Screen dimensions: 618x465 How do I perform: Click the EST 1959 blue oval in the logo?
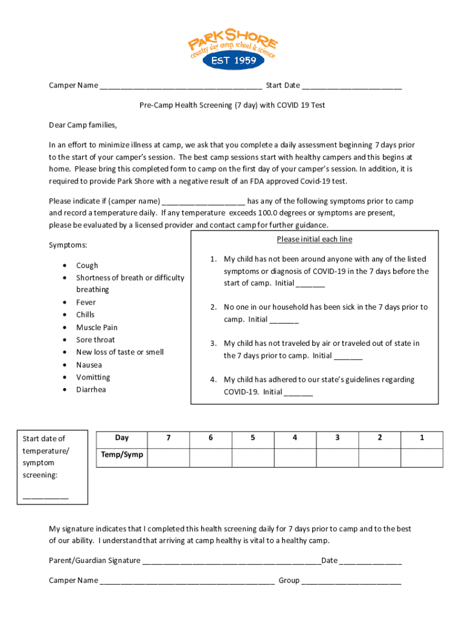232,60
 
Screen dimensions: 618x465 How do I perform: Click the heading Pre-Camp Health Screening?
232,105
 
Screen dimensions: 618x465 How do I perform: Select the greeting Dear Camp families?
83,126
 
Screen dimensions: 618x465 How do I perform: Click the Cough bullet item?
87,266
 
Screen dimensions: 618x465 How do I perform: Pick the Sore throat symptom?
95,340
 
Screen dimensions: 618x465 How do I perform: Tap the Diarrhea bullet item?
91,390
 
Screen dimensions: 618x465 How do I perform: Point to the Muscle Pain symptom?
97,328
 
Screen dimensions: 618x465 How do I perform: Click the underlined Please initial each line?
314,240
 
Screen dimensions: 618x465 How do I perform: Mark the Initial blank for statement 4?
298,393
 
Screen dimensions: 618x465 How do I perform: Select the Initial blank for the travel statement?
348,357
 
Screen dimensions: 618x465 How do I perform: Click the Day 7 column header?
168,438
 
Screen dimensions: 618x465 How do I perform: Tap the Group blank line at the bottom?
351,581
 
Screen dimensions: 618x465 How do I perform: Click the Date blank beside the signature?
370,561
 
